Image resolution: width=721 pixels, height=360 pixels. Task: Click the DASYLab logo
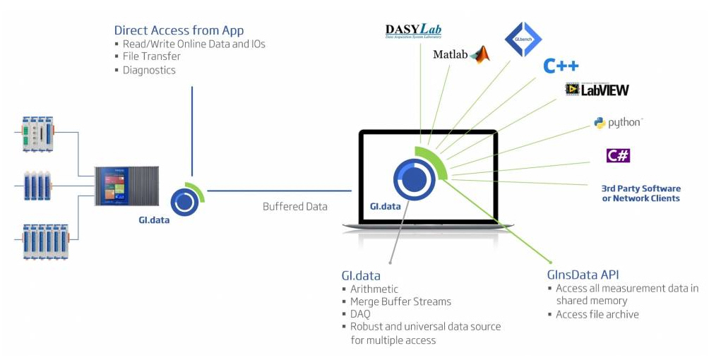[413, 32]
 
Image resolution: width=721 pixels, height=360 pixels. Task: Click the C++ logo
[561, 66]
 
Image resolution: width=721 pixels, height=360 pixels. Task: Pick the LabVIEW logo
[597, 90]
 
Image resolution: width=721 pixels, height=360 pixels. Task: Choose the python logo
[618, 123]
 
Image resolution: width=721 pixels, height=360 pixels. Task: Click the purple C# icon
[618, 155]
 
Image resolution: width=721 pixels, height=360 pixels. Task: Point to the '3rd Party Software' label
[640, 188]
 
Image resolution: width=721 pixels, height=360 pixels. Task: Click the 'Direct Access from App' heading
[179, 30]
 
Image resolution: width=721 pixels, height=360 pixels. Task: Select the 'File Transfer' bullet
[151, 56]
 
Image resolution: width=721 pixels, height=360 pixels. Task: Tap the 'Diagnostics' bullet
[149, 70]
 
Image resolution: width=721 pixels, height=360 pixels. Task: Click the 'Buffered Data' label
[295, 207]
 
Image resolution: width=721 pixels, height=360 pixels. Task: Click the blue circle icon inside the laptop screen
[413, 179]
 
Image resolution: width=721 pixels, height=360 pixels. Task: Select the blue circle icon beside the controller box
[184, 201]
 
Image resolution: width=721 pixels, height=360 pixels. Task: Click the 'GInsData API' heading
[583, 275]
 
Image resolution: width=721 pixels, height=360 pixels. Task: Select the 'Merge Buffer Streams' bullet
[400, 301]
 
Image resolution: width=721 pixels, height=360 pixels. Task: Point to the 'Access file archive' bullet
[597, 314]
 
